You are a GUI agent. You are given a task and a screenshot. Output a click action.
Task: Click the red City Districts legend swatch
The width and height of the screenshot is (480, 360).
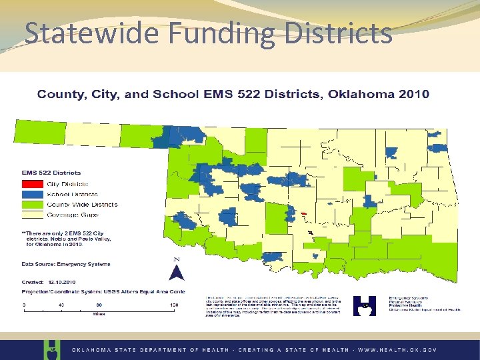32,183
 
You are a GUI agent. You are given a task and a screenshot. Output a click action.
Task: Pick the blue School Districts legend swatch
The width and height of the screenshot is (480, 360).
32,193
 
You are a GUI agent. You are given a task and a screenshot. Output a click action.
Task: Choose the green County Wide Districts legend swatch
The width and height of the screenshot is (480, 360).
32,204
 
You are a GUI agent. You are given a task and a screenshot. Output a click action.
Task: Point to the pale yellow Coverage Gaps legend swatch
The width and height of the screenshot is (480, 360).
32,214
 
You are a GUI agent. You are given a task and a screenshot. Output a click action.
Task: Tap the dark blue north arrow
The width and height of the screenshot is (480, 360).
176,273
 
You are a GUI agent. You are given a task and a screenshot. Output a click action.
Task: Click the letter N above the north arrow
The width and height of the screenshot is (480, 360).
176,259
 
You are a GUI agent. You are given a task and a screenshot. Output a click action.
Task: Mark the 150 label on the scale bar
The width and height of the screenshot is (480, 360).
174,305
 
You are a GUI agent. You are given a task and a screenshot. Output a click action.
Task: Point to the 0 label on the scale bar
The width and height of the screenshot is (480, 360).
25,305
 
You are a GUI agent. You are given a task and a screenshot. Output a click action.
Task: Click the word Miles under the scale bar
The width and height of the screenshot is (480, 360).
99,314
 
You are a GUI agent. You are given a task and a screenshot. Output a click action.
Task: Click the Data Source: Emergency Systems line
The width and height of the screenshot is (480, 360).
64,265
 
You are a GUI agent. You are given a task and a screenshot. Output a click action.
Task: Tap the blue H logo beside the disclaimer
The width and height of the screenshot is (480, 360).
364,306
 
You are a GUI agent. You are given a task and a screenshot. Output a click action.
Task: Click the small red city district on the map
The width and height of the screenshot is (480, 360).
303,214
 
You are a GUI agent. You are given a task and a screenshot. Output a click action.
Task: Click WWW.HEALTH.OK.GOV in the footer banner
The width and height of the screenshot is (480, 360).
397,349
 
